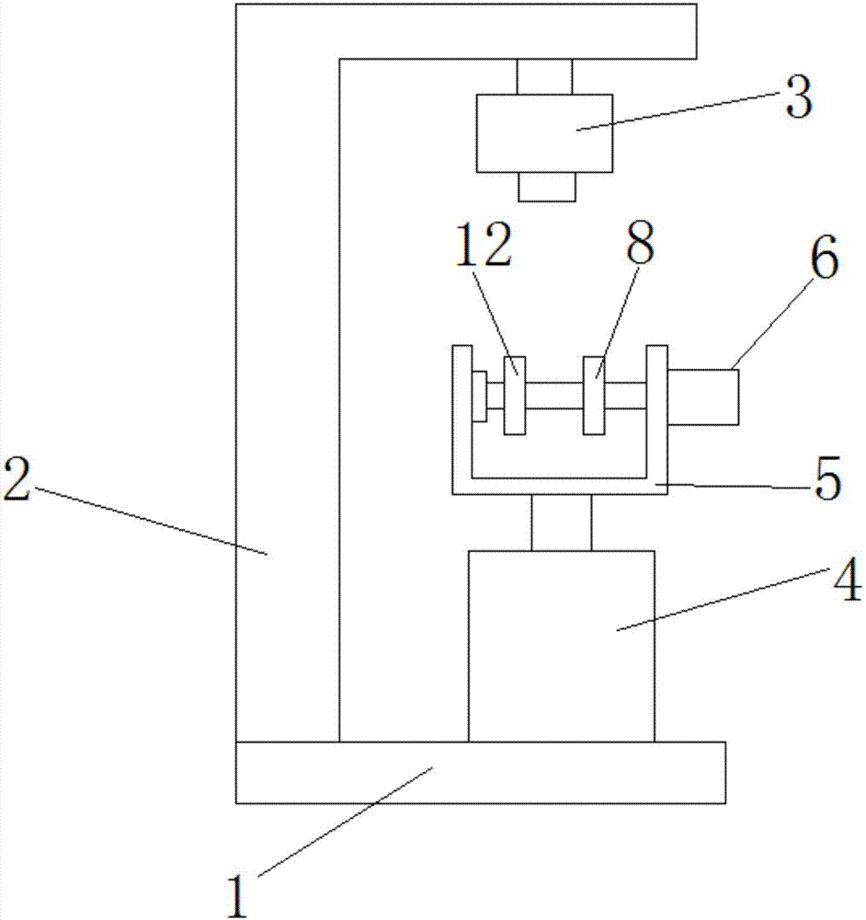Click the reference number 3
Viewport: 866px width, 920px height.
[797, 98]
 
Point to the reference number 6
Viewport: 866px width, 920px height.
[823, 262]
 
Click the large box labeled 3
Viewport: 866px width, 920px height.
[544, 133]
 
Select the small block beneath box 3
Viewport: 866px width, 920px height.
[547, 187]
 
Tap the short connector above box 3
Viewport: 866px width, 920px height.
[544, 76]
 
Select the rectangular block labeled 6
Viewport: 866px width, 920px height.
[703, 397]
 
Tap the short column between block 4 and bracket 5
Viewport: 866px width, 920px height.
[561, 523]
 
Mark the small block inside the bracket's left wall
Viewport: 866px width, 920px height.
[479, 397]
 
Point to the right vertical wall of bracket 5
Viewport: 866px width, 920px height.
[657, 414]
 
